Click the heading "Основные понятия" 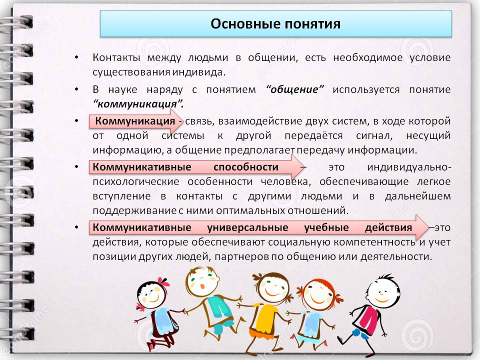click(275, 24)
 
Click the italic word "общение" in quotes click(294, 89)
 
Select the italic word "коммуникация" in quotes click(138, 104)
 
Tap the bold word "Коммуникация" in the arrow click(135, 121)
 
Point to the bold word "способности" click(246, 167)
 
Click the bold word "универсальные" click(247, 227)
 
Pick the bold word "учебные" click(326, 227)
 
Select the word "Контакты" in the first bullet click(116, 57)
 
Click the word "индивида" click(198, 72)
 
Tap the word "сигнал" click(374, 135)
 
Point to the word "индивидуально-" click(409, 167)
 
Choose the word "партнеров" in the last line click(241, 256)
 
